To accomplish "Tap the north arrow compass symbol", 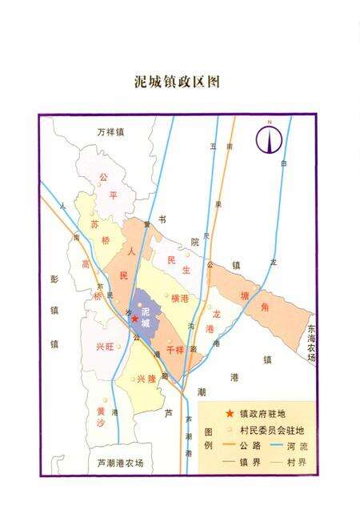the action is coord(270,139).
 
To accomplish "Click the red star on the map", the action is coord(135,319).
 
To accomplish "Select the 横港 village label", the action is coord(179,298).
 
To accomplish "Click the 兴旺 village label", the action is coord(105,346).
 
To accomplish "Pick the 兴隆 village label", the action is coord(145,379).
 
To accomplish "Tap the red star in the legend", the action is coord(230,414).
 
